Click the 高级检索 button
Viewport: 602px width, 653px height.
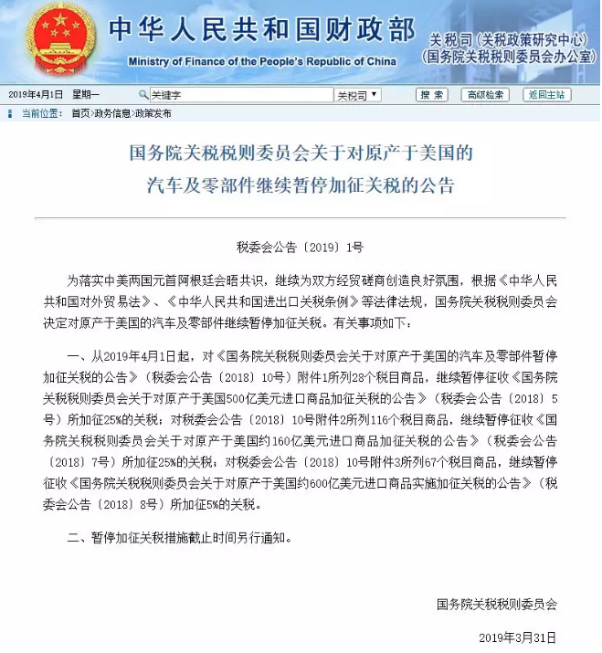[x=484, y=95]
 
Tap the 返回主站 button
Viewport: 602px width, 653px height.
[x=546, y=95]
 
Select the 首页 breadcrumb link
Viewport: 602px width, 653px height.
[x=80, y=113]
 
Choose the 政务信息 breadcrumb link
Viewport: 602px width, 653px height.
[x=112, y=113]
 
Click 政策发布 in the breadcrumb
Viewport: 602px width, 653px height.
[x=153, y=113]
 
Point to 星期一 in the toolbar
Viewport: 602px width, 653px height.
[x=87, y=95]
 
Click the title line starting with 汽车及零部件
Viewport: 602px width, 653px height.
[x=300, y=185]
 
